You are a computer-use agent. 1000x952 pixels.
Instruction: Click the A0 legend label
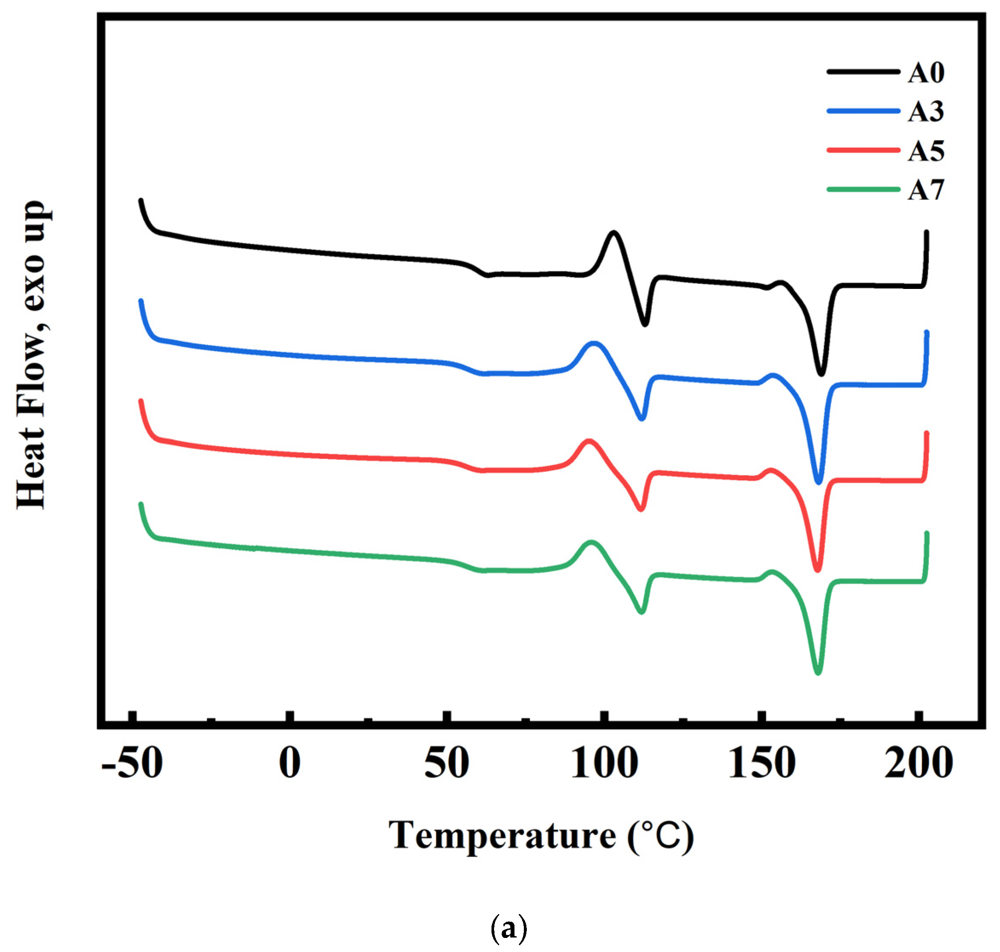(926, 72)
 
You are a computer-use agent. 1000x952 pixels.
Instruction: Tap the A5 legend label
(926, 151)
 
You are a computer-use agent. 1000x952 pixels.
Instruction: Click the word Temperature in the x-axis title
(502, 835)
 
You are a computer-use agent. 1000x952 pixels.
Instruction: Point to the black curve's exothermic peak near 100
(614, 233)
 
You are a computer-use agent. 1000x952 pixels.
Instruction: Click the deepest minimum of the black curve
(821, 373)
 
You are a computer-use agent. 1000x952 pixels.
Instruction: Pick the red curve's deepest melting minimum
(817, 570)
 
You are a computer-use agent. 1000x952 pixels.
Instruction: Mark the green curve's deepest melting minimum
(817, 672)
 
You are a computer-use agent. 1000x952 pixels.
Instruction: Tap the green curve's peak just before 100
(591, 542)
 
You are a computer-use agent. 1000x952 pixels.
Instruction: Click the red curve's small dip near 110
(641, 508)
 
